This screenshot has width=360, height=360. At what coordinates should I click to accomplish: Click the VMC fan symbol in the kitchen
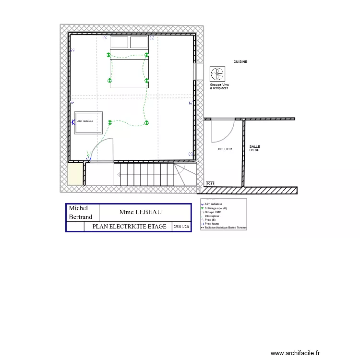[217, 74]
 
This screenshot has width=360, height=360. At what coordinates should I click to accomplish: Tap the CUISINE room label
[240, 62]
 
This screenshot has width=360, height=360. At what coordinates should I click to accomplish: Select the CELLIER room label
[225, 149]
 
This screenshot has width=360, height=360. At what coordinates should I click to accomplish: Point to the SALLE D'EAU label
[254, 148]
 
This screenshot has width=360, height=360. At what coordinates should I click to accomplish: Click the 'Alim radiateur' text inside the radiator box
[84, 121]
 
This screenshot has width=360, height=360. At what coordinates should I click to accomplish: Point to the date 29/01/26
[181, 227]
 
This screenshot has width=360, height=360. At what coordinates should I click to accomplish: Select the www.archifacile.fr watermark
[298, 353]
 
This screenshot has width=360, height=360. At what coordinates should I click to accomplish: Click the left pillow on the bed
[120, 43]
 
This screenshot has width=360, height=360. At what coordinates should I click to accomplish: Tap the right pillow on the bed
[139, 43]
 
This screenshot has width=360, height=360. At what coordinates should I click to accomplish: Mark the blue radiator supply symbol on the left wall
[72, 122]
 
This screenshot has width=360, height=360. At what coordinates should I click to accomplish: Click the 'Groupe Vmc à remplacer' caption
[219, 86]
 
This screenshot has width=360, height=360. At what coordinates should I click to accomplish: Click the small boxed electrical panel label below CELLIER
[210, 183]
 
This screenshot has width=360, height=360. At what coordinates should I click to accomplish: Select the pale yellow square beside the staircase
[75, 175]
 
